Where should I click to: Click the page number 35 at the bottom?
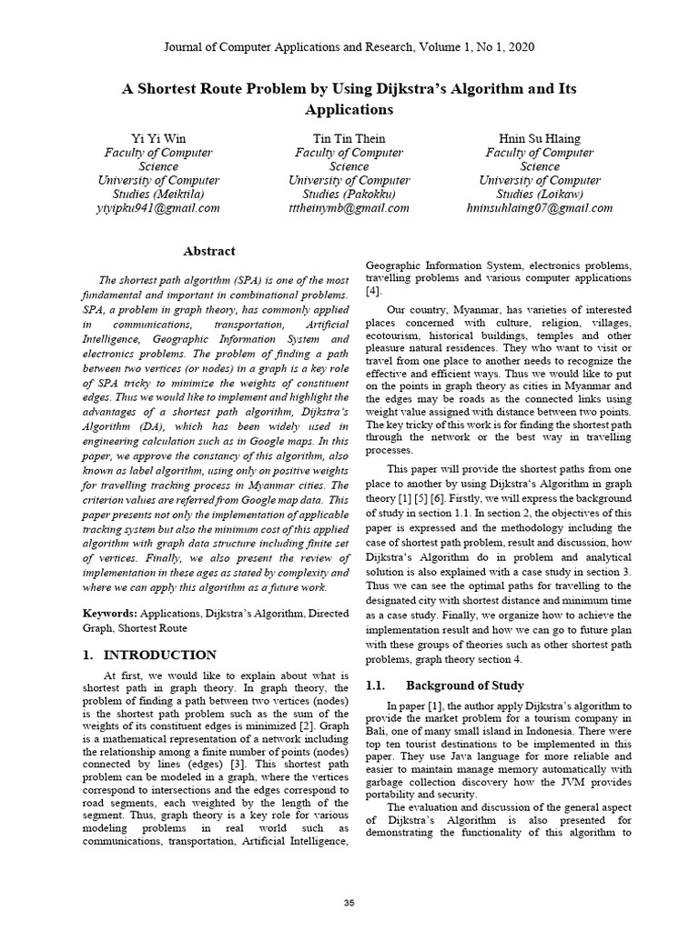coord(349,902)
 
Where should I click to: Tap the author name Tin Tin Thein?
coord(349,139)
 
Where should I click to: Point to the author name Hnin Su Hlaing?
coord(540,139)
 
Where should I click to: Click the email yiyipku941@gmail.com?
coord(158,208)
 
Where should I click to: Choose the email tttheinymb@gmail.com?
coord(349,208)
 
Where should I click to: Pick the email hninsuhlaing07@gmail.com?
coord(540,208)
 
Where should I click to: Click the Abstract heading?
coord(209,251)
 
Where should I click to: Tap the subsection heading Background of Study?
coord(464,685)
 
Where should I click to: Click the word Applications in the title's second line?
coord(349,109)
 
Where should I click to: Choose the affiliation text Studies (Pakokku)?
coord(349,194)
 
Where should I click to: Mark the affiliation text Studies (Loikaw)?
coord(540,194)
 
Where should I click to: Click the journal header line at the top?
coord(349,46)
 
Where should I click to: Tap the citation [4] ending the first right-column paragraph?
coord(373,291)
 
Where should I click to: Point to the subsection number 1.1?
coord(377,685)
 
